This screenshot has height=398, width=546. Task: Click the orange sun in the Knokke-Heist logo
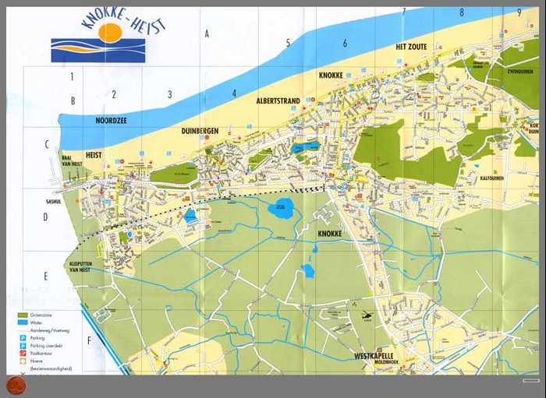[110, 33]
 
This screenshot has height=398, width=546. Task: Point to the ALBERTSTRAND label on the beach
[278, 101]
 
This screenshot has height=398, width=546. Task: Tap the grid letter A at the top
[207, 33]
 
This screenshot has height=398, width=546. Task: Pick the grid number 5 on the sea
[288, 43]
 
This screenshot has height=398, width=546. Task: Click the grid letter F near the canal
[89, 340]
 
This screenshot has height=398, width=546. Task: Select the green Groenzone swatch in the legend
[23, 315]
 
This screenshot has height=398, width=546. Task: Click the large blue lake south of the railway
[281, 208]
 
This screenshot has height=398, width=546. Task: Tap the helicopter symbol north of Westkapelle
[366, 315]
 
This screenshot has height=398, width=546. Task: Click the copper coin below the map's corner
[15, 384]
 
